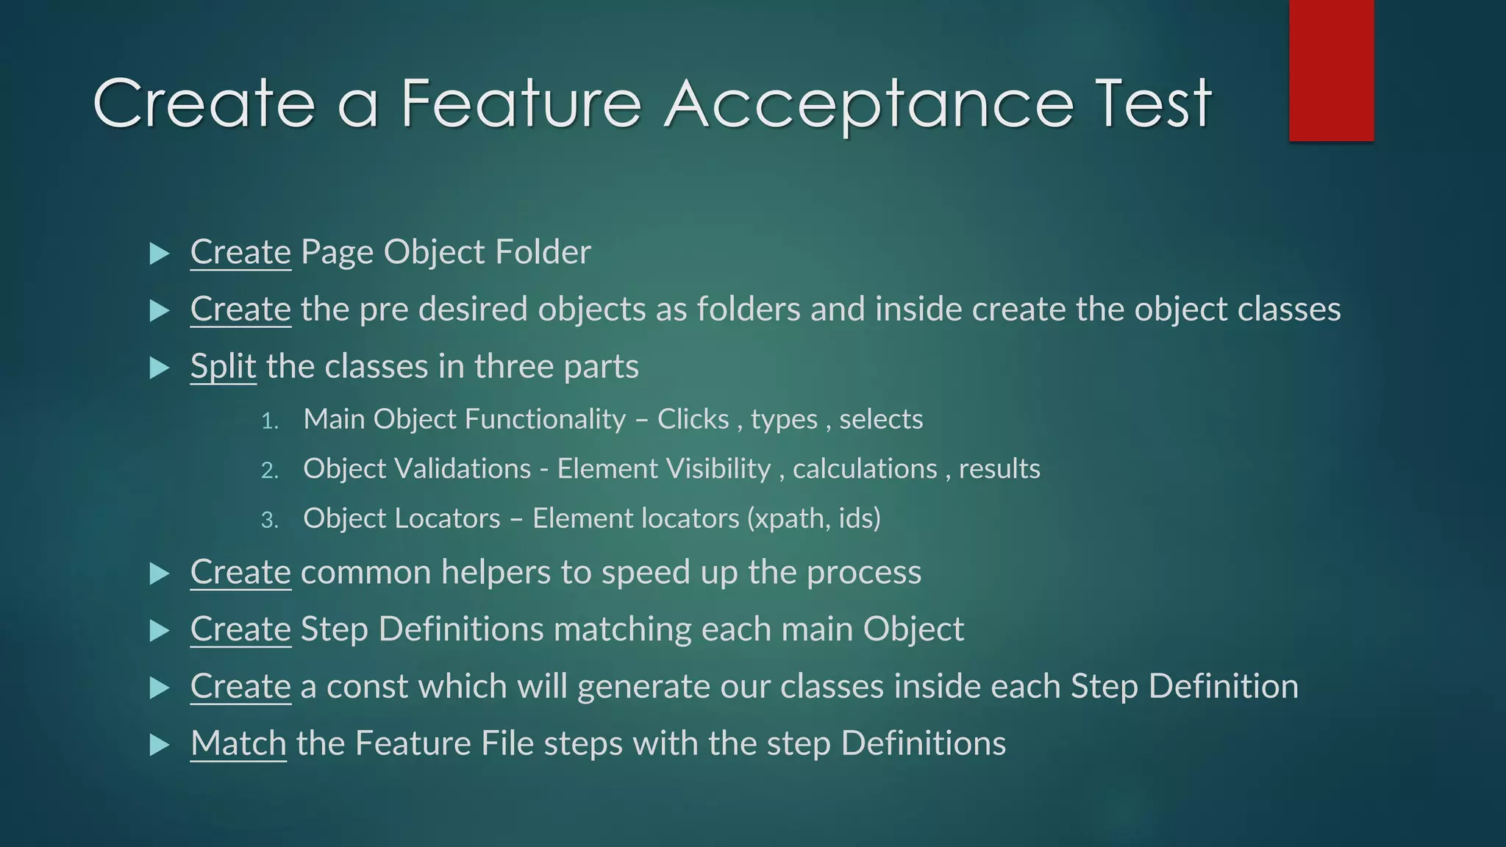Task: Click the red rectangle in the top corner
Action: click(x=1331, y=70)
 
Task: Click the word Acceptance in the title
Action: click(x=868, y=104)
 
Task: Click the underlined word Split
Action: click(x=223, y=366)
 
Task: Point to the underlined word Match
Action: click(x=238, y=743)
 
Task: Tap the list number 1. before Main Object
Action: click(x=270, y=421)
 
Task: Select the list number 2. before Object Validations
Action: click(x=270, y=471)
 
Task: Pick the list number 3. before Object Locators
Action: click(x=270, y=521)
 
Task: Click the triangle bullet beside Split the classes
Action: click(x=159, y=368)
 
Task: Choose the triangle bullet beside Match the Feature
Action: click(x=159, y=745)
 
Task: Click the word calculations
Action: click(x=865, y=469)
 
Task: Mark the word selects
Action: click(x=881, y=419)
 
